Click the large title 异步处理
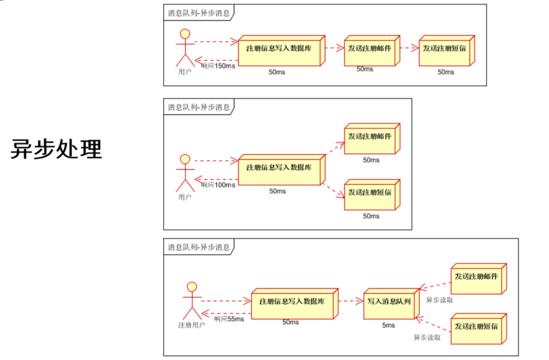pos(57,149)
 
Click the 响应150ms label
pos(218,66)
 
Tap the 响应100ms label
pos(218,185)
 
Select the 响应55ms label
pos(229,319)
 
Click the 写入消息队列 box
pos(392,303)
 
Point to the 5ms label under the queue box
pos(388,325)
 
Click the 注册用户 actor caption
pos(192,325)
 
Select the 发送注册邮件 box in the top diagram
pos(372,50)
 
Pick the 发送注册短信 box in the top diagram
pos(447,50)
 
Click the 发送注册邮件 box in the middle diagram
pos(372,139)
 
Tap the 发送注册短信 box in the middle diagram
pos(372,195)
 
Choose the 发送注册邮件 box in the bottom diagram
pos(479,279)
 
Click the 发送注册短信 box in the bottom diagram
pos(479,329)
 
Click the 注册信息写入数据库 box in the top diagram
pos(282,50)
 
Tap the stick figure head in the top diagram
pos(185,34)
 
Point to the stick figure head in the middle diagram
pos(185,159)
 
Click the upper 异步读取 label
pos(439,300)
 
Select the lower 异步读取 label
pos(427,338)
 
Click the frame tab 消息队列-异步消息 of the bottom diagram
pos(199,247)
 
